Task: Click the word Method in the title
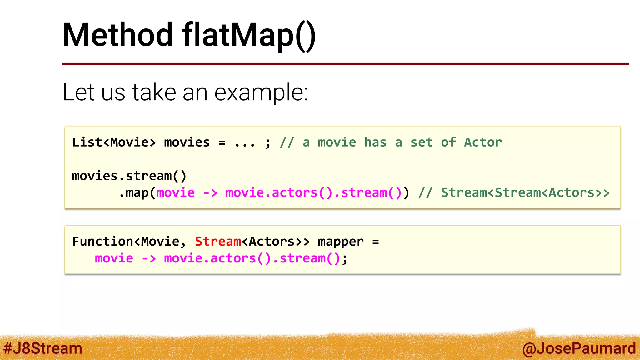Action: coord(117,35)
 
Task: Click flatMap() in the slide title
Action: coord(249,36)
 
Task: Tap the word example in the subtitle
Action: coord(261,92)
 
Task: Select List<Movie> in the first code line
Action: coord(114,142)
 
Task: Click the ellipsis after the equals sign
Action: coord(245,143)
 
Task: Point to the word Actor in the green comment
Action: coord(483,142)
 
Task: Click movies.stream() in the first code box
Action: coord(129,176)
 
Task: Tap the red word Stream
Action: coord(218,242)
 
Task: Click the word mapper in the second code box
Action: coord(341,242)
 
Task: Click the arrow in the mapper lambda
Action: coord(149,259)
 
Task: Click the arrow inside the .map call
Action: coord(210,193)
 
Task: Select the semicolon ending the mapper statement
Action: coord(344,259)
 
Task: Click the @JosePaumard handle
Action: coord(579,348)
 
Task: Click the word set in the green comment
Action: coord(421,142)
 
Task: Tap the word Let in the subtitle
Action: coord(78,92)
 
